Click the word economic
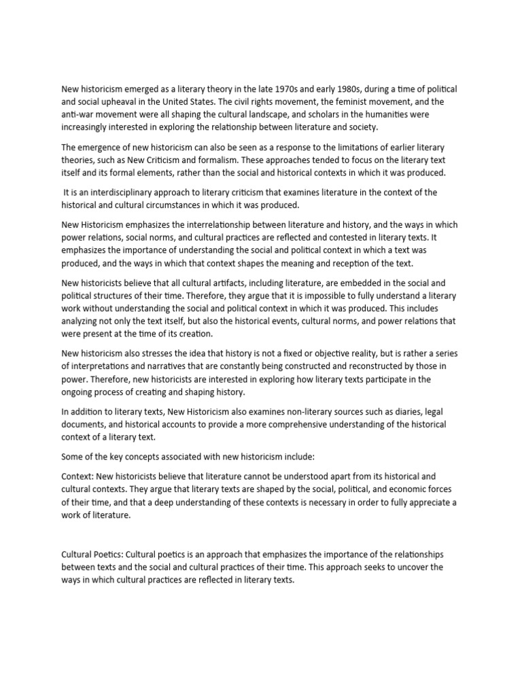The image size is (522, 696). tap(398, 489)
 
